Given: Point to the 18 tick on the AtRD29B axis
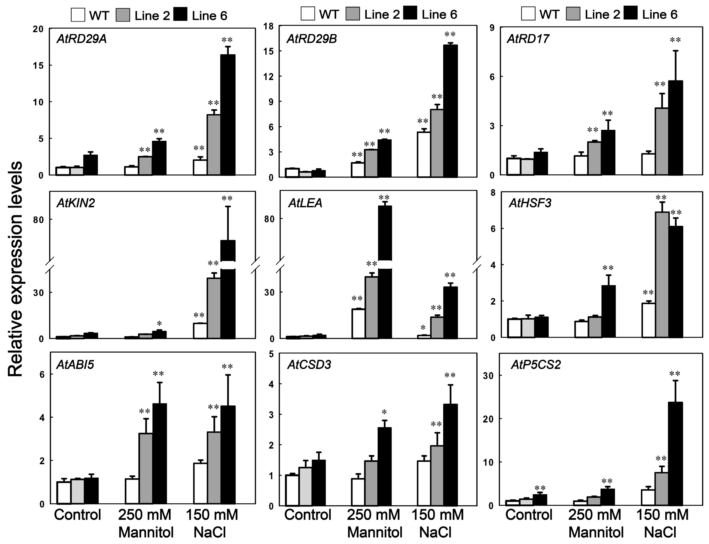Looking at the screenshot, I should pyautogui.click(x=269, y=26).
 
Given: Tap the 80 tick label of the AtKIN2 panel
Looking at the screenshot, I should pyautogui.click(x=38, y=220).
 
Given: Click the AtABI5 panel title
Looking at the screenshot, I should pyautogui.click(x=75, y=365).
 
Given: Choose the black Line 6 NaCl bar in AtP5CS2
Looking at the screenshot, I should pyautogui.click(x=676, y=453).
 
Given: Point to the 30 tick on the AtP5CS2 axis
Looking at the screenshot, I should pyautogui.click(x=489, y=375).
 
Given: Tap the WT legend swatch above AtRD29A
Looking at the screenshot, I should pyautogui.click(x=78, y=15).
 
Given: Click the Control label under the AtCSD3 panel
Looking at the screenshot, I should pyautogui.click(x=308, y=515).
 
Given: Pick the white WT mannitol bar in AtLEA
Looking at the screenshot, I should pyautogui.click(x=358, y=324).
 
